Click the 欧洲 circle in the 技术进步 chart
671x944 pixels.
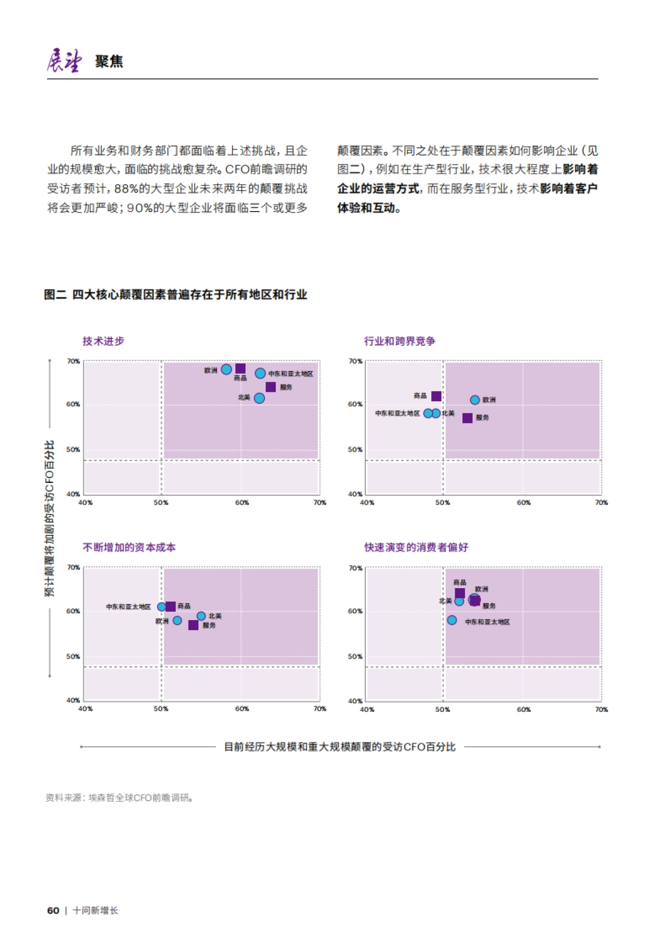coord(226,369)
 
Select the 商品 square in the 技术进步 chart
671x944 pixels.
coord(240,368)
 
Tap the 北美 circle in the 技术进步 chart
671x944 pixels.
coord(259,398)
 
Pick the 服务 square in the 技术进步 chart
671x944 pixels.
coord(271,387)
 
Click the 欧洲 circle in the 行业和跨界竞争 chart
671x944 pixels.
coord(475,400)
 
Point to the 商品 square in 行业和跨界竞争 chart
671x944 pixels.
coord(437,396)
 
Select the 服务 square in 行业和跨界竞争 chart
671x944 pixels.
coord(467,418)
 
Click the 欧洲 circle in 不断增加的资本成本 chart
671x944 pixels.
coord(177,620)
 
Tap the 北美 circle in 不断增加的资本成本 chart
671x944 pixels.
coord(201,616)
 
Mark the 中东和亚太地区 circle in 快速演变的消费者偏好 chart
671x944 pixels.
coord(452,620)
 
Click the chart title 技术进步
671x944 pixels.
coord(103,341)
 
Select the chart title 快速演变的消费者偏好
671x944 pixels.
coord(416,547)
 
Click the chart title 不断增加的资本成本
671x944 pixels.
coord(129,547)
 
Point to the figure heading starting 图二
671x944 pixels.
coord(176,294)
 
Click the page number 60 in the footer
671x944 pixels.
coord(53,910)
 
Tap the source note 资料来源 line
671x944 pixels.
coord(120,797)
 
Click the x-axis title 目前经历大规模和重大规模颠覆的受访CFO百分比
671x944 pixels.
coord(339,746)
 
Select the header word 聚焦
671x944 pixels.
coord(109,61)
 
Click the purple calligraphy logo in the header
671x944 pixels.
coord(64,60)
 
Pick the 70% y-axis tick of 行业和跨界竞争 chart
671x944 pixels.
coord(355,361)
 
